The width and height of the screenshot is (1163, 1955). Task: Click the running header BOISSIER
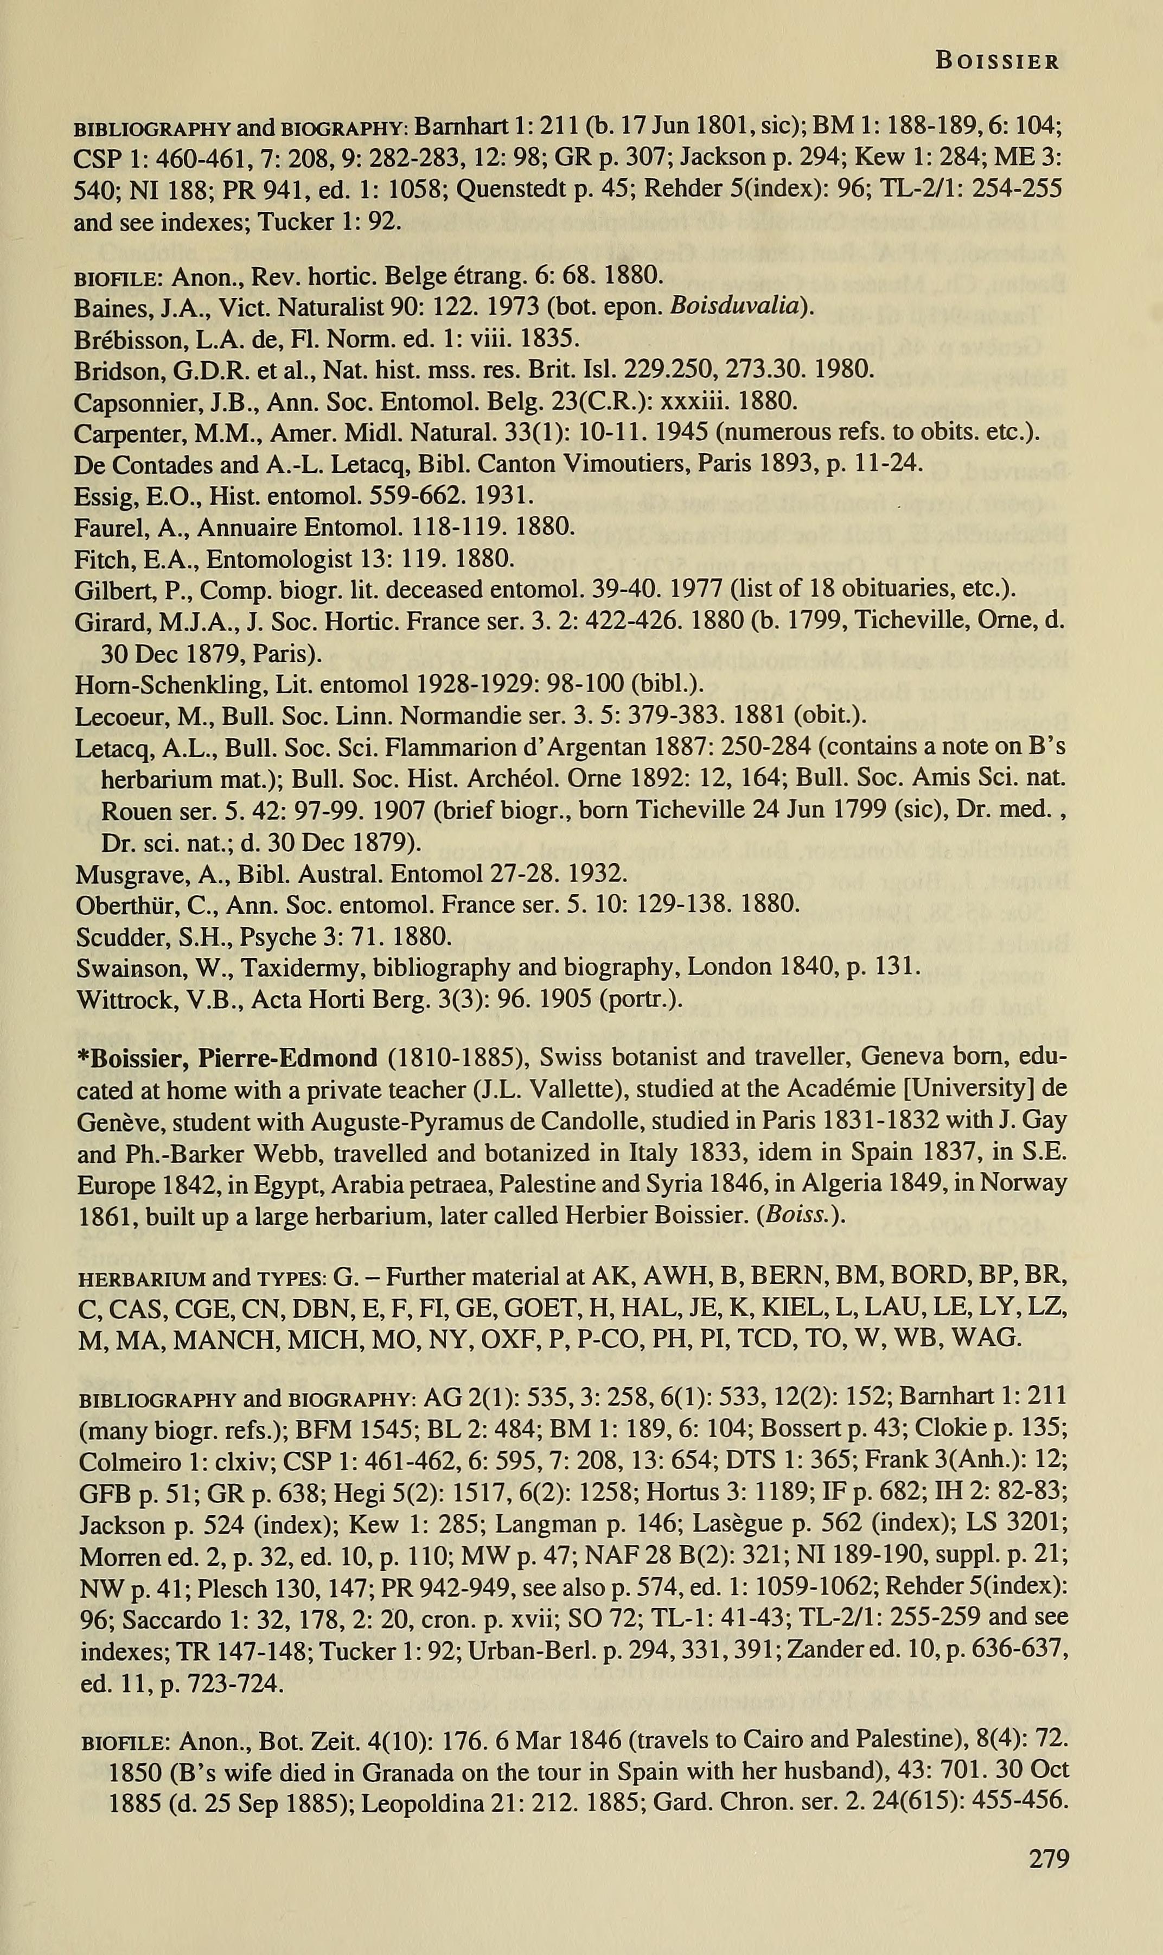[x=997, y=61]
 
